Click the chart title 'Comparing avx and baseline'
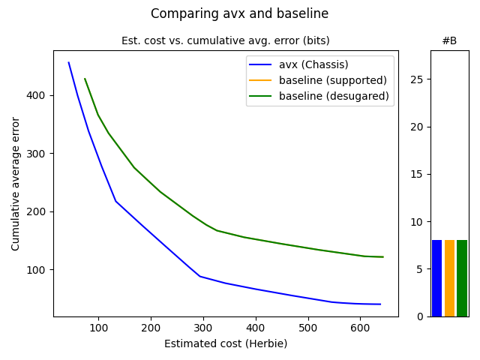tap(239, 13)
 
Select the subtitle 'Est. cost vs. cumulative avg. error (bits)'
tap(225, 40)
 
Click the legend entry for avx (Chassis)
tap(313, 64)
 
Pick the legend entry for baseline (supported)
tap(332, 80)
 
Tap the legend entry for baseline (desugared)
tap(334, 96)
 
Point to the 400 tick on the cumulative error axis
tap(39, 95)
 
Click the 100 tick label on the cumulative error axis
tap(39, 269)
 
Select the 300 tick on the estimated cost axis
tap(203, 328)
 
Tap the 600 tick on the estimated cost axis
tap(361, 328)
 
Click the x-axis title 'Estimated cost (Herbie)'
tap(225, 343)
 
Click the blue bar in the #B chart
tap(436, 278)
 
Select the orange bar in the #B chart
tap(449, 278)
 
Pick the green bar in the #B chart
tap(462, 278)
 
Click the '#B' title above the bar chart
tap(449, 40)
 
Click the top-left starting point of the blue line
tap(69, 62)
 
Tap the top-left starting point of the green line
tap(85, 79)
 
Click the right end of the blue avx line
tap(381, 304)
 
